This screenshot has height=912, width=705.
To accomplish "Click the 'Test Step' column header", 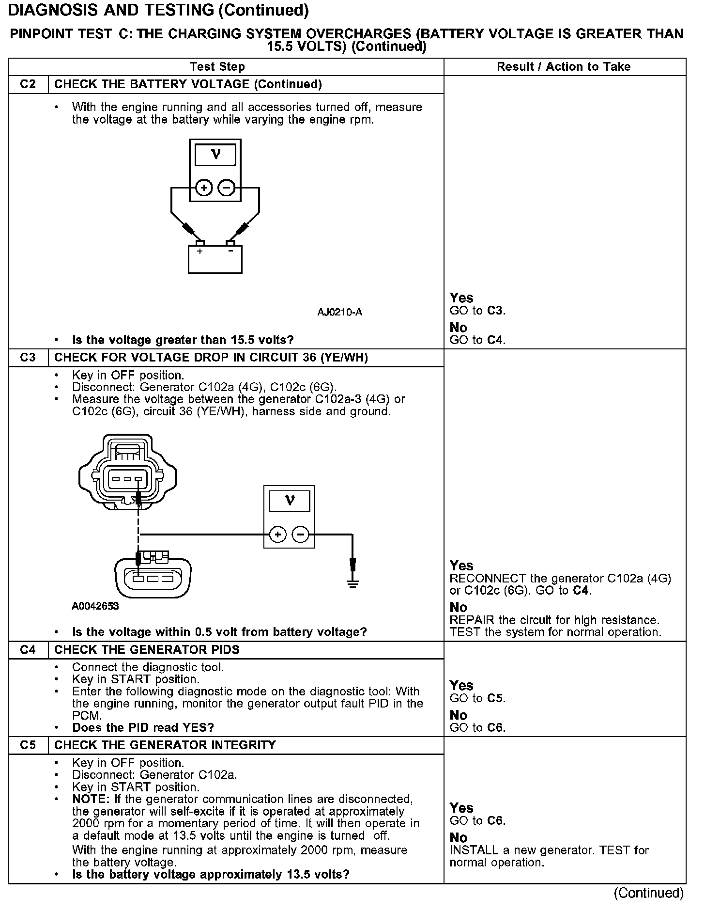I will (217, 67).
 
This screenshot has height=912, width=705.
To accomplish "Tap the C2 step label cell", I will (28, 84).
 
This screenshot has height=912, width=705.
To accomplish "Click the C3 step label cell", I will (28, 358).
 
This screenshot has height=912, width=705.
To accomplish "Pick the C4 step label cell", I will (28, 650).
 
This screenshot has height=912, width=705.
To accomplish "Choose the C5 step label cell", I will (28, 745).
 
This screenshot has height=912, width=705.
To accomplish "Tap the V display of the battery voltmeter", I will (215, 155).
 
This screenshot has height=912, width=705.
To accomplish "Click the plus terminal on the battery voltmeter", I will (204, 188).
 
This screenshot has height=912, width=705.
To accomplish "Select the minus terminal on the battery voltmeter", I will (227, 188).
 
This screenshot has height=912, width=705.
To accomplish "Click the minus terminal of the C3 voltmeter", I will (301, 535).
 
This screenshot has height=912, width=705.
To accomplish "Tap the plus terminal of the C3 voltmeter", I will (278, 535).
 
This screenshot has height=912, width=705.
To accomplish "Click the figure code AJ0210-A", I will (339, 312).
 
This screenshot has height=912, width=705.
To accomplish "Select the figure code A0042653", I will (95, 606).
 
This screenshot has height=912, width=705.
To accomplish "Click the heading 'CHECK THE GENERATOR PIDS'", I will (147, 650).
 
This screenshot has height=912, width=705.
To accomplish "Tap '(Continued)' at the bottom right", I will (648, 893).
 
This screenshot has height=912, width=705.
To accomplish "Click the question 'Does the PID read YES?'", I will (143, 727).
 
